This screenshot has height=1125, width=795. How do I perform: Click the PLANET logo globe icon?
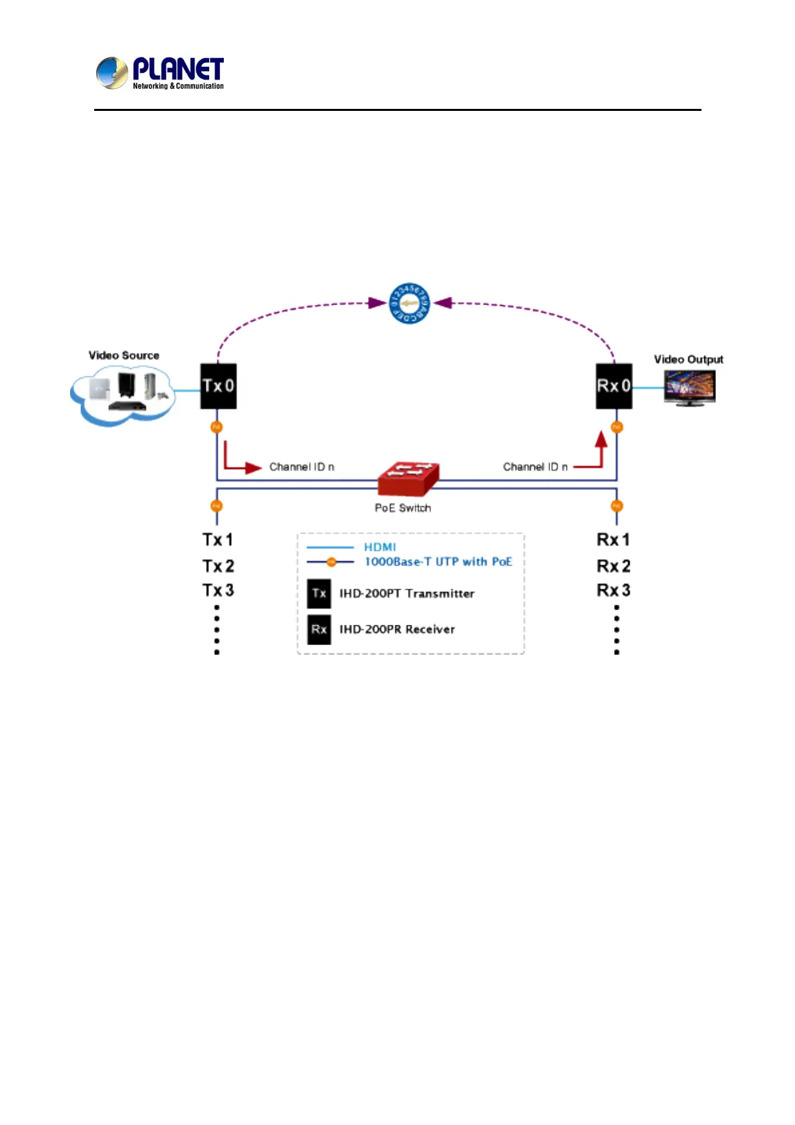pos(112,73)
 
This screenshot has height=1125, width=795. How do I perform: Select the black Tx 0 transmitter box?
pos(218,386)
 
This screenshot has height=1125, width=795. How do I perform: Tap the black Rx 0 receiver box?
pos(614,386)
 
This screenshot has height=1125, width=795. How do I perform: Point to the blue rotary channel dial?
pos(410,303)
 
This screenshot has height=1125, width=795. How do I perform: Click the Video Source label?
pos(124,355)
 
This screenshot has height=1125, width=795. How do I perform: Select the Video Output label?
pos(688,359)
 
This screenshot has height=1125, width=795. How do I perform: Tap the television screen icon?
pos(689,387)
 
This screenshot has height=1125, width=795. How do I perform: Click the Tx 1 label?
pos(218,540)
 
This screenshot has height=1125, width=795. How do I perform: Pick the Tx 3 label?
pos(218,591)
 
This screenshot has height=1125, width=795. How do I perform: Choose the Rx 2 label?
pos(613,567)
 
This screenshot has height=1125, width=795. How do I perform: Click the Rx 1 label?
pos(613,540)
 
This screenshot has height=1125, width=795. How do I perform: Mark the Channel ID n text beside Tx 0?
pos(302,467)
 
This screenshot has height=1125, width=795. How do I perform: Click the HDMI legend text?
pos(380,547)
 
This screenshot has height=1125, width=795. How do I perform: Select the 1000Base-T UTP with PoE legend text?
pos(438,562)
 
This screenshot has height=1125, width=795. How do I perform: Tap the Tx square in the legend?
pos(319,593)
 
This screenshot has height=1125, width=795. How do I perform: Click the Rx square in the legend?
pos(319,629)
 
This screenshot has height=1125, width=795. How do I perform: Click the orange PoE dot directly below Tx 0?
pos(216,427)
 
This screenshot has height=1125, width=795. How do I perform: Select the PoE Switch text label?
pos(403,508)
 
